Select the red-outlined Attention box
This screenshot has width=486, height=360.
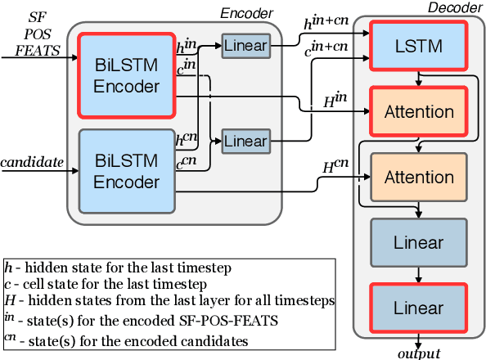pyautogui.click(x=419, y=110)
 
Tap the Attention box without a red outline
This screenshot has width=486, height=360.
pyautogui.click(x=419, y=177)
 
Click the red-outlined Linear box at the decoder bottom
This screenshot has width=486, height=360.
pyautogui.click(x=419, y=308)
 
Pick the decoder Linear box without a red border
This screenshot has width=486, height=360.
pyautogui.click(x=419, y=242)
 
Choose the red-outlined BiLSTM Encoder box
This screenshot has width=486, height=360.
pyautogui.click(x=126, y=76)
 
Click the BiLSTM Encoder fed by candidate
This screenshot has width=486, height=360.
pyautogui.click(x=126, y=171)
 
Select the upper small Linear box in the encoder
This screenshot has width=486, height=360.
pyautogui.click(x=245, y=46)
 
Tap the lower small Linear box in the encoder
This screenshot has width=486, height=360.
pyautogui.click(x=245, y=142)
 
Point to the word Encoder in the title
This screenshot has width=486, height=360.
pyautogui.click(x=246, y=13)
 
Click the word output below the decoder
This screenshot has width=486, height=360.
pyautogui.click(x=419, y=353)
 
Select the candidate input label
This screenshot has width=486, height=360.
pyautogui.click(x=32, y=162)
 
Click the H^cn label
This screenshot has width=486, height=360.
pyautogui.click(x=335, y=167)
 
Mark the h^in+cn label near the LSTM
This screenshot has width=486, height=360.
pyautogui.click(x=326, y=27)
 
